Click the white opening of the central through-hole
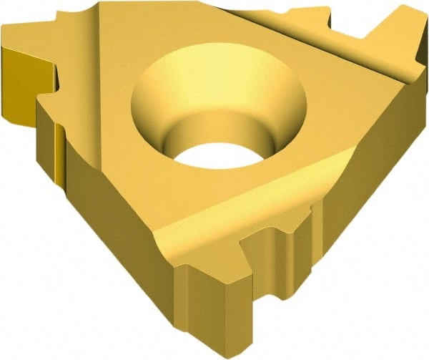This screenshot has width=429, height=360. coord(214,152)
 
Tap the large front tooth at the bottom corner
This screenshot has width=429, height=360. coord(214,301)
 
